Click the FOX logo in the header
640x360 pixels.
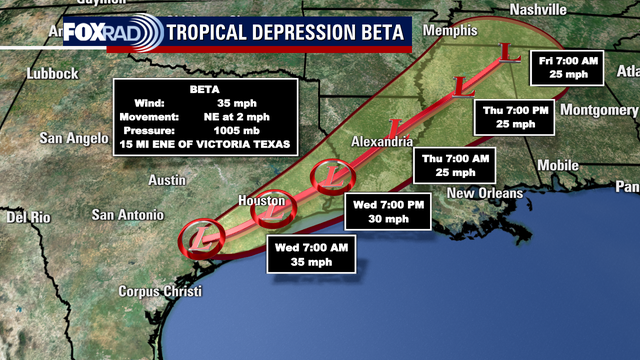pos(87,31)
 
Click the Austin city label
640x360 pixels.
pos(167,180)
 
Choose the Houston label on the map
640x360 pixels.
pos(263,201)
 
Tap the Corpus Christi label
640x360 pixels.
pos(159,292)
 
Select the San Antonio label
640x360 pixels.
pos(127,214)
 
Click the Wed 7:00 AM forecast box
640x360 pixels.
pos(311,255)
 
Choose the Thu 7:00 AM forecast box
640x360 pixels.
pos(455,165)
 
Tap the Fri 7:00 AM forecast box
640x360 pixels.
pos(567,68)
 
